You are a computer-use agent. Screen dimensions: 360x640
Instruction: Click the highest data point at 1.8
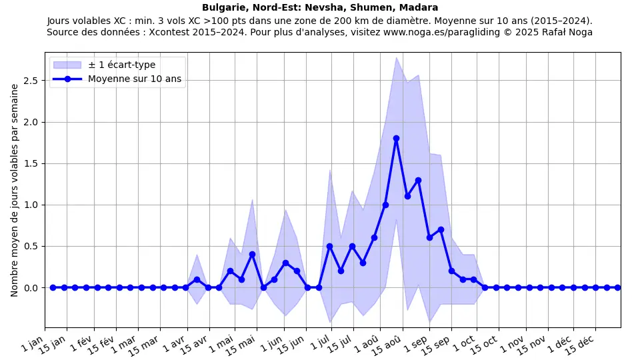click(396, 138)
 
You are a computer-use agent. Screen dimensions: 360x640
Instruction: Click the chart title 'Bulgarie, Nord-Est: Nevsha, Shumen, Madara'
click(320, 8)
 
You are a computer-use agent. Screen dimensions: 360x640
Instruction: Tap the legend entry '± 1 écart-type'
click(121, 65)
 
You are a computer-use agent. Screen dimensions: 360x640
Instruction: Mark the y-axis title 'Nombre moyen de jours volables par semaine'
click(15, 190)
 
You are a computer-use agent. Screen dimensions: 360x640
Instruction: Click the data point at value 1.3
click(418, 180)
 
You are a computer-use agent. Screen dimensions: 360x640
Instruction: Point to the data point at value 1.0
click(385, 205)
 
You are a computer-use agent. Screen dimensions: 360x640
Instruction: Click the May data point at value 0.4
click(252, 254)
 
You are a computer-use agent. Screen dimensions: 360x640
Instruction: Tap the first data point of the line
click(53, 287)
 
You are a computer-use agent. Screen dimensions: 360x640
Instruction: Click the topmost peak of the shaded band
click(396, 57)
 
